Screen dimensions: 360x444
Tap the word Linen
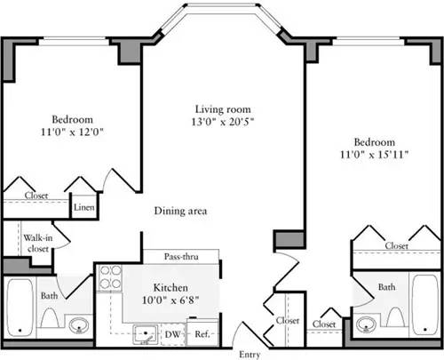click(83, 207)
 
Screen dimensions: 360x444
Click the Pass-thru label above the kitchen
click(181, 257)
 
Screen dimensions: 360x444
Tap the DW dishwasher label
click(173, 334)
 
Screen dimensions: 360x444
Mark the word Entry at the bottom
click(250, 354)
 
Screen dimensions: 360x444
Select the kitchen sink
click(142, 334)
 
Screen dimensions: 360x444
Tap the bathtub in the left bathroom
click(20, 303)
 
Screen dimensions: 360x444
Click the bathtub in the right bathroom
click(424, 303)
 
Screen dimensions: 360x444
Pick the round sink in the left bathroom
click(78, 324)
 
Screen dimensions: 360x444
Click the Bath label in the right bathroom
click(386, 287)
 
